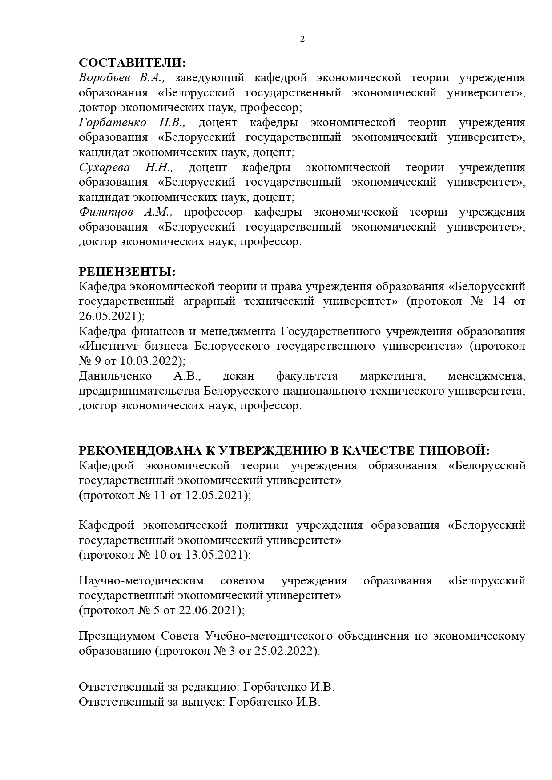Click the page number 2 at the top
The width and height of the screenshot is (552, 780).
click(x=302, y=39)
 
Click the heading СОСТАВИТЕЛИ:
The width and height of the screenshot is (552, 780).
click(x=132, y=63)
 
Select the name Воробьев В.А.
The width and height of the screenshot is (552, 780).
click(x=122, y=78)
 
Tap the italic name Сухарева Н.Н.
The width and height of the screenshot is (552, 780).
click(x=126, y=168)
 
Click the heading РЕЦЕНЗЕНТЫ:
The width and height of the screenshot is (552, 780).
click(x=127, y=272)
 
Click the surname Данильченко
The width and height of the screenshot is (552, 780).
click(x=115, y=376)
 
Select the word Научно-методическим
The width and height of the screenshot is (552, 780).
click(x=141, y=581)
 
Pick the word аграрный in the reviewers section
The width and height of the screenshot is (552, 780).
click(x=209, y=301)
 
